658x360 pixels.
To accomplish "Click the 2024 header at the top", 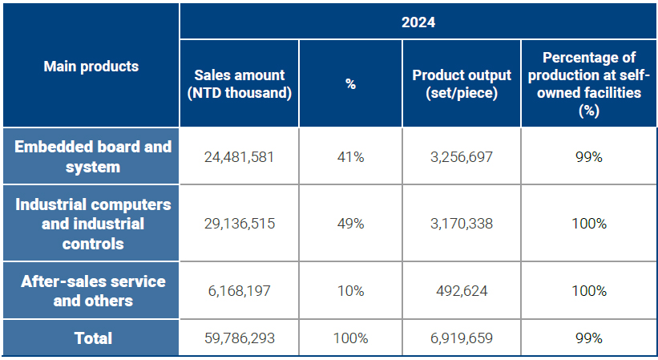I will [x=418, y=22].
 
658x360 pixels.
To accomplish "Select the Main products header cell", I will [x=91, y=66].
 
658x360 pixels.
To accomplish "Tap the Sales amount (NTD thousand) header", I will [x=239, y=83].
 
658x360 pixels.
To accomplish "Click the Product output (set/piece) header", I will [x=461, y=83].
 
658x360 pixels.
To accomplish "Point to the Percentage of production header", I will [x=588, y=83].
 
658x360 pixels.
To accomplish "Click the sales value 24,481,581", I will [x=239, y=157].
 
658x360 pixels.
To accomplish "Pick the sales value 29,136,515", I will [x=239, y=224].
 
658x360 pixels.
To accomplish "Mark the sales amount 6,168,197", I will [x=239, y=291].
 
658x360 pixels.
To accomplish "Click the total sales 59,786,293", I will [x=239, y=338].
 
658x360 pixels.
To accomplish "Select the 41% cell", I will [x=350, y=157].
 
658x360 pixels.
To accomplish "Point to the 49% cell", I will [x=350, y=224].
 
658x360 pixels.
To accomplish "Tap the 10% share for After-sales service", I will [x=350, y=291].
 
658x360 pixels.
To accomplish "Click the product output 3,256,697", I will [x=461, y=157].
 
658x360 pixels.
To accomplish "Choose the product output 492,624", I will [x=461, y=291].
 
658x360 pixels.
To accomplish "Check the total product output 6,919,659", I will [x=461, y=338].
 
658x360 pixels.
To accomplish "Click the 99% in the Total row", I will [x=588, y=338].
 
